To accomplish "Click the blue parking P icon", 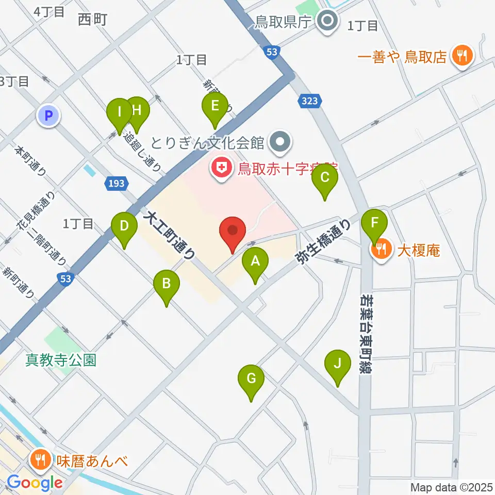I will coord(49,116).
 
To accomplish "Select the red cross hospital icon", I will coord(222,168).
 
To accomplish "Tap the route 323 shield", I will coord(310,102).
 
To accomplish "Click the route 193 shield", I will coord(115,182).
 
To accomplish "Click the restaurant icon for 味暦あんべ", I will coord(40,457).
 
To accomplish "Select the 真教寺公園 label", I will coord(61,360).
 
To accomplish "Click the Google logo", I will coord(35,483).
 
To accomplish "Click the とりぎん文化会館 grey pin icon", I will coord(281,141).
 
